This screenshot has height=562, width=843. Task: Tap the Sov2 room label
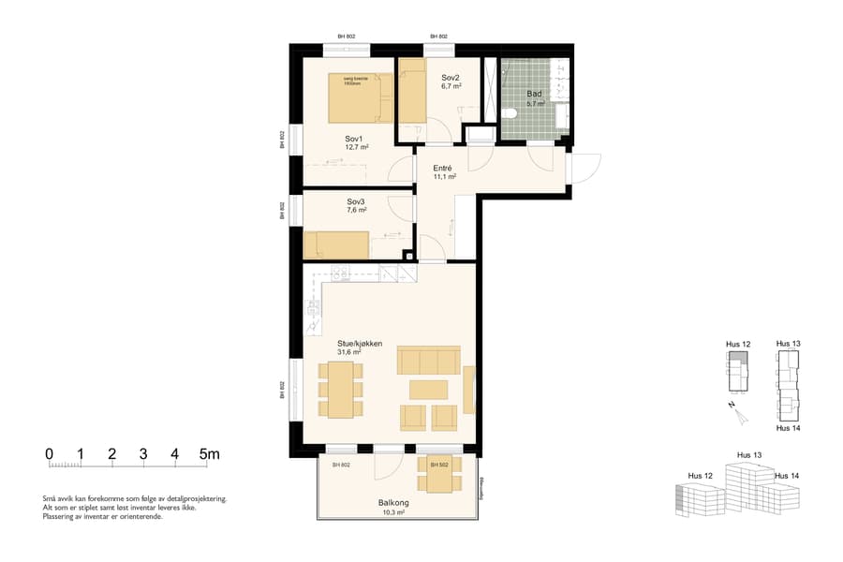point(451,78)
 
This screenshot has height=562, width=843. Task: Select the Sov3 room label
point(356,201)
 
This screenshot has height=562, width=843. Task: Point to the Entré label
point(444,168)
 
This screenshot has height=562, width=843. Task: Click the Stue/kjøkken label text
point(360,344)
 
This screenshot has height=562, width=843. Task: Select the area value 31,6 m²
point(349,353)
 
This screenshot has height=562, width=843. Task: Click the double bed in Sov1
point(361,98)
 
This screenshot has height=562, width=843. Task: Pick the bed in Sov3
point(336,245)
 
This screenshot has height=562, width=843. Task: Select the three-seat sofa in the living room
point(429,360)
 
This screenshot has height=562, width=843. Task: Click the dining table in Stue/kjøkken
point(340,390)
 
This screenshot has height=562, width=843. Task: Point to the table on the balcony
point(438,476)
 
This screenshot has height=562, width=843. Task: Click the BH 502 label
point(438,465)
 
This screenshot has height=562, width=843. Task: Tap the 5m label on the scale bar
point(209,454)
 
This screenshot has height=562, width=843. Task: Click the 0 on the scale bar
point(49,454)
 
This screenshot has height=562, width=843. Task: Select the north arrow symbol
point(735,408)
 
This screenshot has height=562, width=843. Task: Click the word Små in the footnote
point(49,499)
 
